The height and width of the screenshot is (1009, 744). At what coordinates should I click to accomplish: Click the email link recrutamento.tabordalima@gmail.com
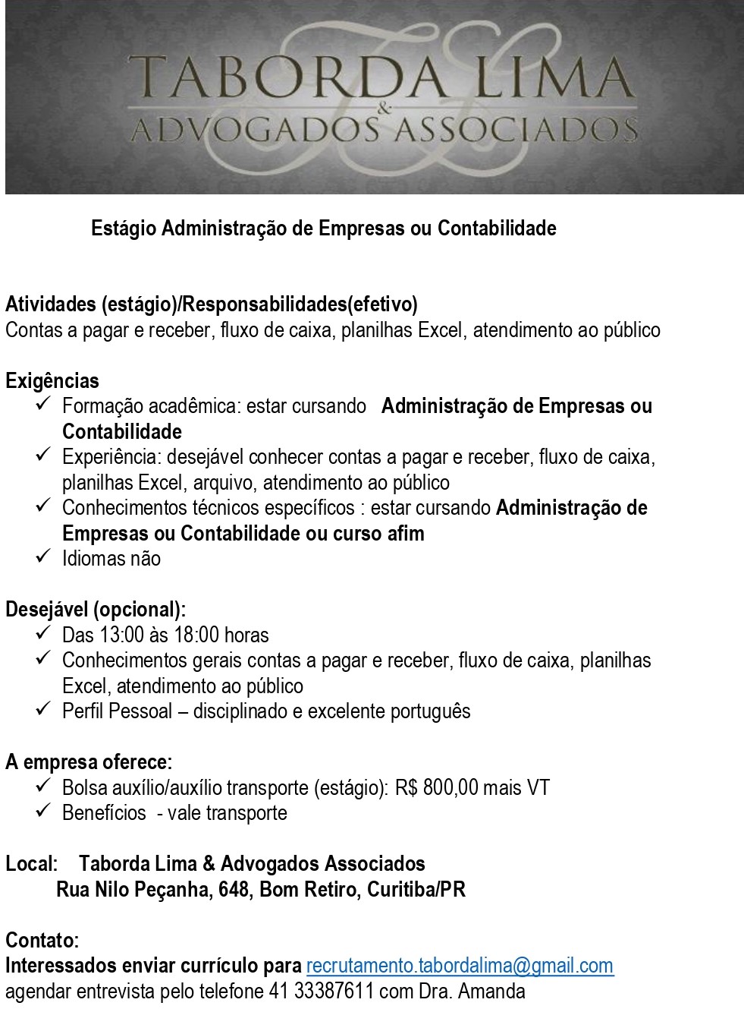(x=460, y=966)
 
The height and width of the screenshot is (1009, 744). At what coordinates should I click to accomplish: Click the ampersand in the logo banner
(x=385, y=109)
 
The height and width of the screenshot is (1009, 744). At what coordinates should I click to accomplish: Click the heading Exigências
(x=52, y=380)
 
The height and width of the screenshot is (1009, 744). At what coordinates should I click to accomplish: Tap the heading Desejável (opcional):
(x=96, y=610)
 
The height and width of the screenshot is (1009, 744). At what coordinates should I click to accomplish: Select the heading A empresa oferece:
(x=89, y=761)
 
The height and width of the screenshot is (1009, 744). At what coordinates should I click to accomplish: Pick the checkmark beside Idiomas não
(x=42, y=557)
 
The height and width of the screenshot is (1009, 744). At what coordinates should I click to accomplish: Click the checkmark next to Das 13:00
(x=42, y=632)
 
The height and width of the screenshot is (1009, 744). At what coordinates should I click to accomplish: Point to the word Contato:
(x=42, y=940)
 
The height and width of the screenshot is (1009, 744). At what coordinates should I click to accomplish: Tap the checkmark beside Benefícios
(x=42, y=811)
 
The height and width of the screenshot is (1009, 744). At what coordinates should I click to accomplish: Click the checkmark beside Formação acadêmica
(x=42, y=404)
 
